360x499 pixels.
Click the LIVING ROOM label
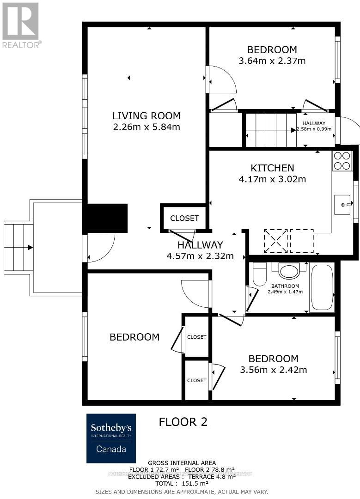pos(146,116)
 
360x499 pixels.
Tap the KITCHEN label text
pos(272,168)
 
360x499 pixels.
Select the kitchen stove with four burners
pos(342,161)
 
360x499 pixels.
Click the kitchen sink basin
pos(342,205)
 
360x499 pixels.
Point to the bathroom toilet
pos(260,274)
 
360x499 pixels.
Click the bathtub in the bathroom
pos(322,287)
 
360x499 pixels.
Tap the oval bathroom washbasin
pos(289,271)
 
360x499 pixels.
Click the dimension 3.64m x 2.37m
pos(272,61)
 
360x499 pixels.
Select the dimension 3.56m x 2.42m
pos(273,370)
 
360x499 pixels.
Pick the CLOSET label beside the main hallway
pos(184,218)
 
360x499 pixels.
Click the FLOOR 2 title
pos(183,421)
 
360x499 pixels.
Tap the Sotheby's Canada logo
pos(111,438)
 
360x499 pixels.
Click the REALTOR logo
pos(21,25)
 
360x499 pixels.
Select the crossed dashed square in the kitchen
pos(275,241)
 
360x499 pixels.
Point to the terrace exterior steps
pos(18,247)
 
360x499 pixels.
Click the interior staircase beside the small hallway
pos(270,130)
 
